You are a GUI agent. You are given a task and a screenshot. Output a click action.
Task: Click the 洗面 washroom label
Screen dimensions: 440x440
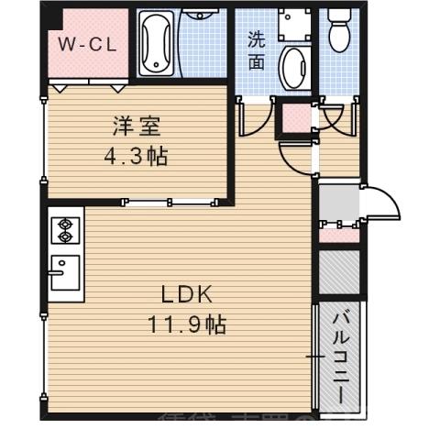pos(257,51)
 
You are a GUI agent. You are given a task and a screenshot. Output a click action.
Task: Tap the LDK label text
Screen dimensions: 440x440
pos(187,295)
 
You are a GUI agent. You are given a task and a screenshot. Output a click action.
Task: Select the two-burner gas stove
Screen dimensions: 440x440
pos(66,230)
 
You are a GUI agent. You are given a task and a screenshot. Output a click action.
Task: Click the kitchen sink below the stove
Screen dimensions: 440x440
pos(64,272)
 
